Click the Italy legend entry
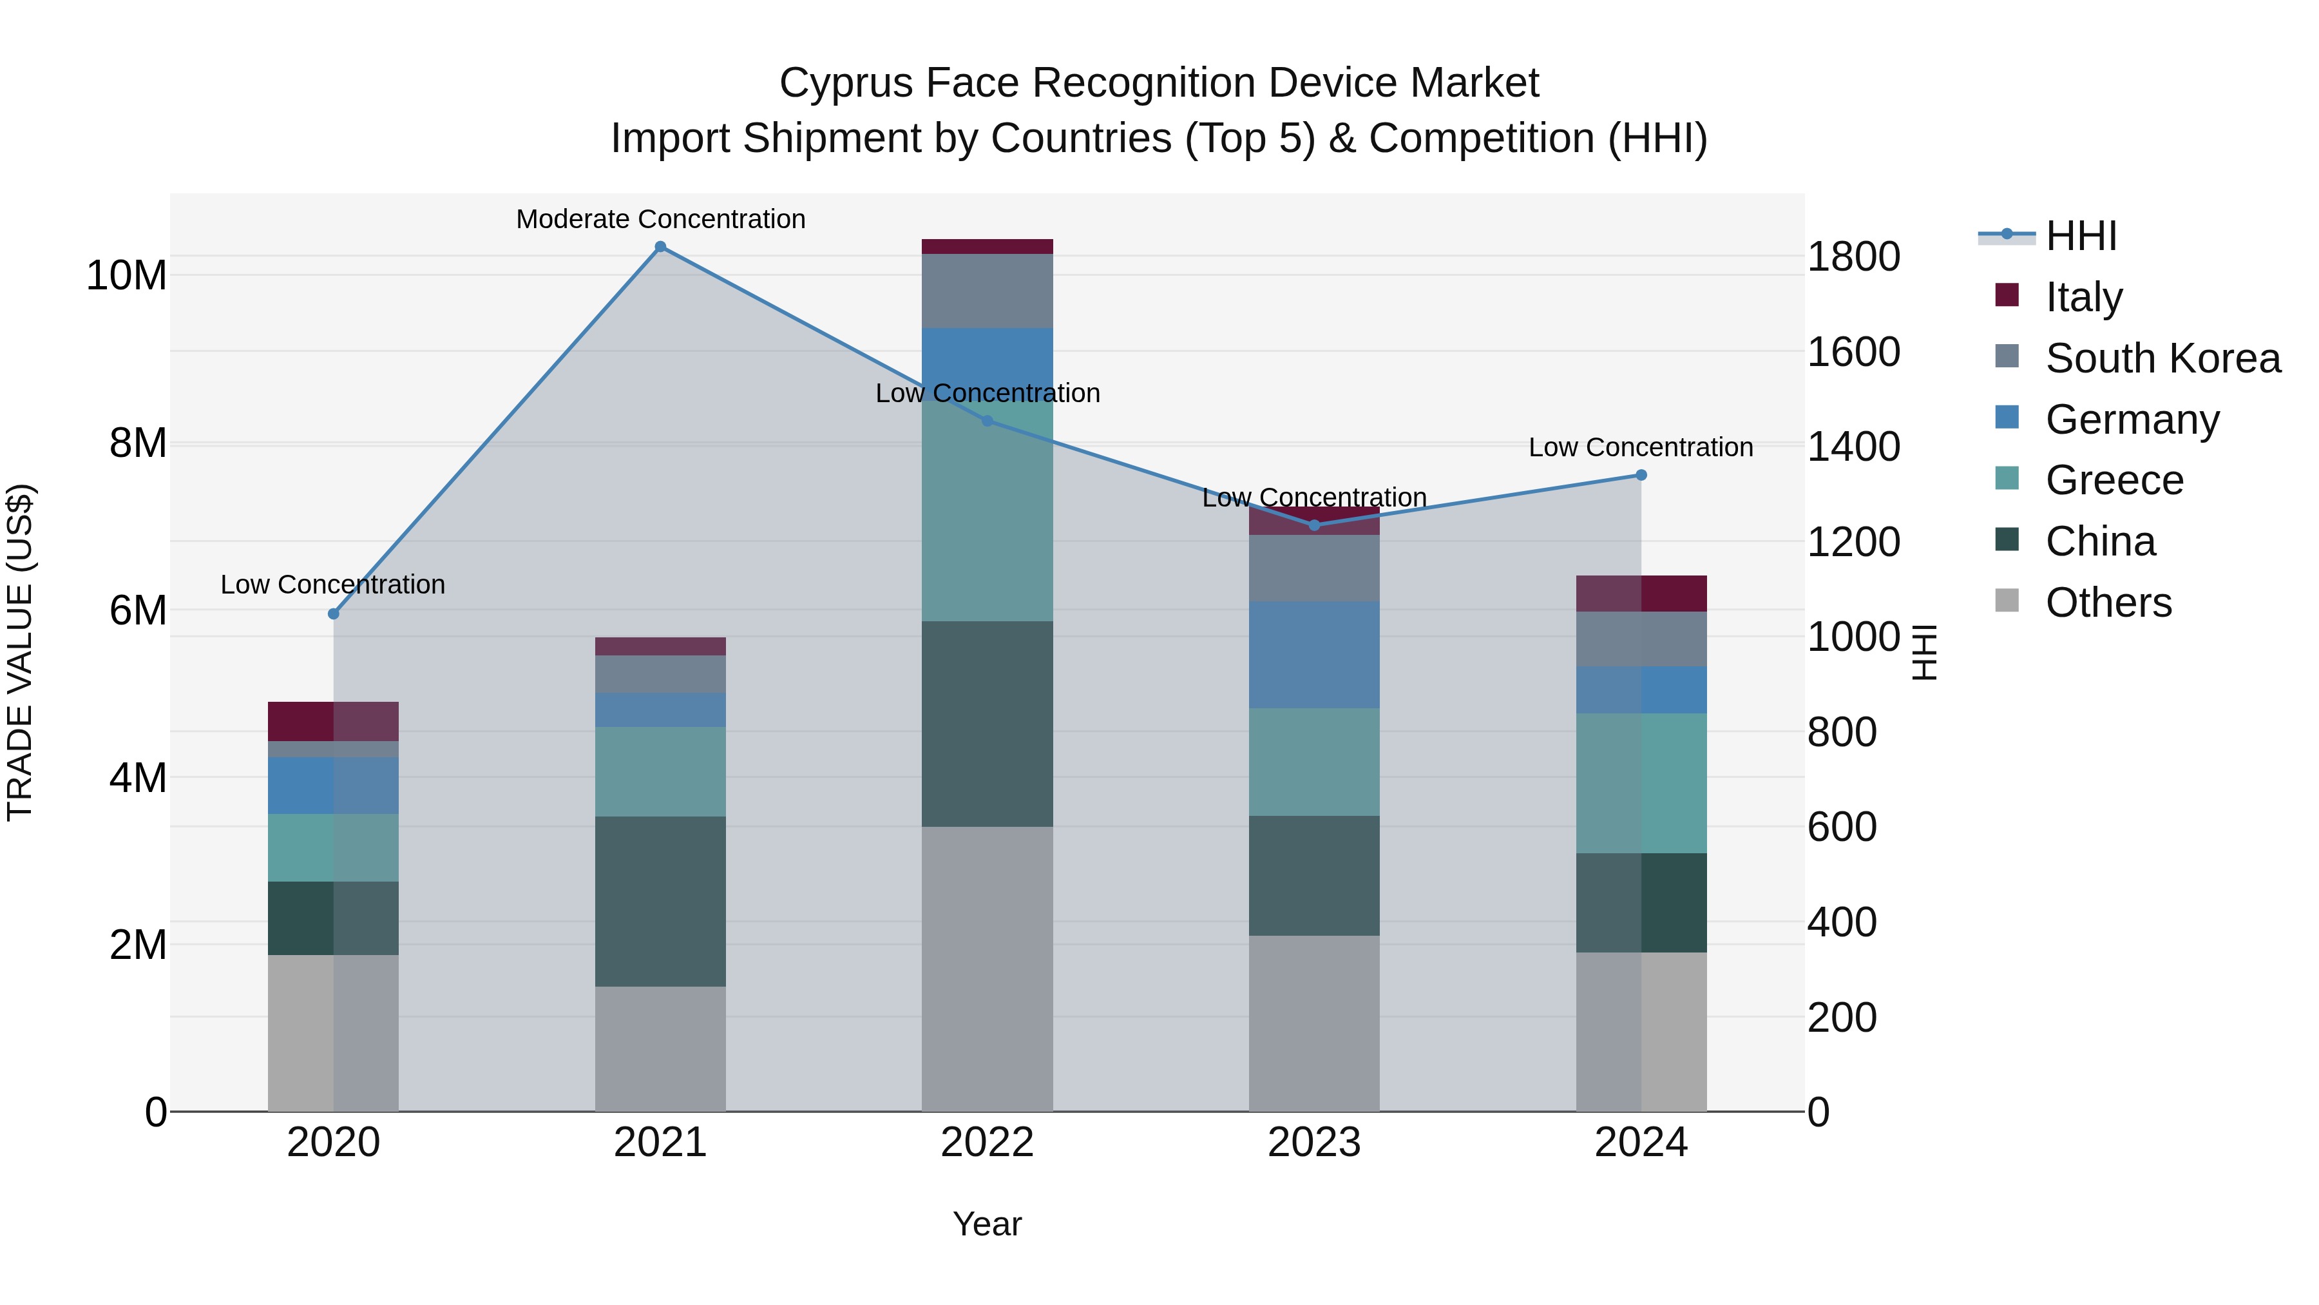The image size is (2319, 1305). [2083, 296]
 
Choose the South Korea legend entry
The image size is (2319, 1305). [2162, 358]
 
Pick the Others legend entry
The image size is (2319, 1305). [2108, 602]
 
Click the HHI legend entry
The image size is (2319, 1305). [2081, 236]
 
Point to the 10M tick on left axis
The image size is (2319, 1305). [126, 275]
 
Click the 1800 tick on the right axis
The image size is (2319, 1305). [1853, 256]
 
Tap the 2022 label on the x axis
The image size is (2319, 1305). [987, 1143]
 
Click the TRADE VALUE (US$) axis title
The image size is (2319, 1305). [20, 652]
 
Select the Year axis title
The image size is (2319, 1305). [987, 1224]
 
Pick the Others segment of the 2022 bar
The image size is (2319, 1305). [987, 968]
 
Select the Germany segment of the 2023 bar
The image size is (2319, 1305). [1313, 655]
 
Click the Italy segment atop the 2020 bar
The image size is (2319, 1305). [333, 720]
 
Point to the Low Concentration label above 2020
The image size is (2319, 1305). [332, 585]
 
